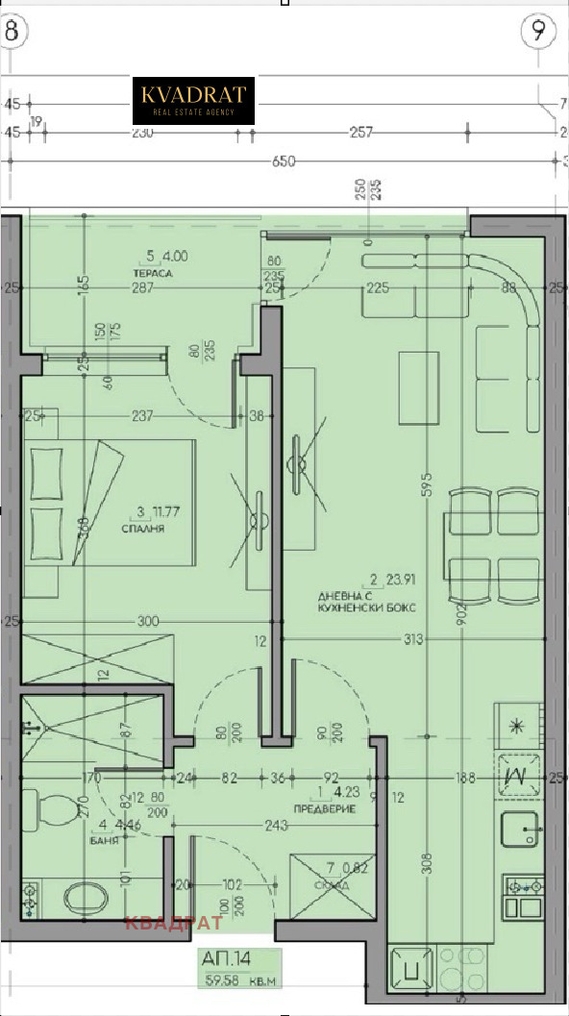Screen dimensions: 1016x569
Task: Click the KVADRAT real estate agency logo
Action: pyautogui.click(x=193, y=101)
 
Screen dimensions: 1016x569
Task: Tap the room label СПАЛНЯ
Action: pyautogui.click(x=143, y=529)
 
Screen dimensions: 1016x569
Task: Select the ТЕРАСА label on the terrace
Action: pyautogui.click(x=154, y=273)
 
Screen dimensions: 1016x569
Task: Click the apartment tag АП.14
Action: pyautogui.click(x=228, y=958)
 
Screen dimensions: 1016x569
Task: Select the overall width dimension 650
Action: pyautogui.click(x=283, y=161)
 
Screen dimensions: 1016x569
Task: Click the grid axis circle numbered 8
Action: pyautogui.click(x=12, y=31)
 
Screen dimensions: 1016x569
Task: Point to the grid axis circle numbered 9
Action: pyautogui.click(x=539, y=31)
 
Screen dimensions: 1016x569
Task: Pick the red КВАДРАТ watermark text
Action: pyautogui.click(x=174, y=923)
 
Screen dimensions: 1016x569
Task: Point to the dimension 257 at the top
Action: pyautogui.click(x=360, y=133)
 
